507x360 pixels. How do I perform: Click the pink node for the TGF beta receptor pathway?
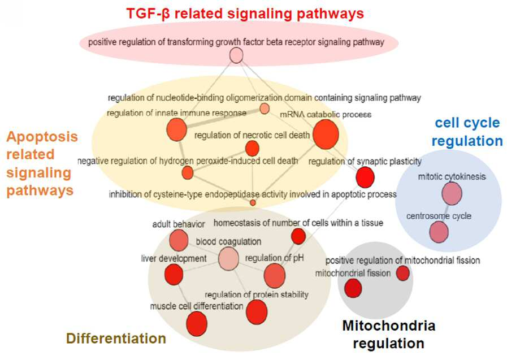pyautogui.click(x=236, y=55)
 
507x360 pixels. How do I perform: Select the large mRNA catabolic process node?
pyautogui.click(x=326, y=135)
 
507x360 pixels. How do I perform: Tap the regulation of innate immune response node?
pyautogui.click(x=176, y=129)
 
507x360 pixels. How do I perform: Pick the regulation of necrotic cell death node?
pyautogui.click(x=252, y=149)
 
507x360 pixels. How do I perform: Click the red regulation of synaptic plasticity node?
pyautogui.click(x=365, y=177)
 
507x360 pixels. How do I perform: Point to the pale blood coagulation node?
pyautogui.click(x=228, y=258)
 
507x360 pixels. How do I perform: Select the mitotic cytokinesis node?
pyautogui.click(x=452, y=194)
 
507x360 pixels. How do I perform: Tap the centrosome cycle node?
pyautogui.click(x=439, y=232)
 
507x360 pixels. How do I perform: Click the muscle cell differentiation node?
pyautogui.click(x=197, y=324)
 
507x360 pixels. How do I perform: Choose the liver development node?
pyautogui.click(x=174, y=274)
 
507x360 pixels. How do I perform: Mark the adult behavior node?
pyautogui.click(x=179, y=241)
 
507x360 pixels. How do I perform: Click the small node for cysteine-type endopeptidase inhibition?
pyautogui.click(x=253, y=203)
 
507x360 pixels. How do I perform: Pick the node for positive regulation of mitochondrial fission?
pyautogui.click(x=403, y=273)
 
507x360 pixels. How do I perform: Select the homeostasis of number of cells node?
pyautogui.click(x=298, y=236)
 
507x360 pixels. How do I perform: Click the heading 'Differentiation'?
pyautogui.click(x=116, y=339)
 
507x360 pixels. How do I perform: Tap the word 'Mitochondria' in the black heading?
pyautogui.click(x=389, y=326)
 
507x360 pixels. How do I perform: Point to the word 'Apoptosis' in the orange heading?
pyautogui.click(x=42, y=137)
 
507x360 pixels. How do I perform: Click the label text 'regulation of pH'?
pyautogui.click(x=274, y=258)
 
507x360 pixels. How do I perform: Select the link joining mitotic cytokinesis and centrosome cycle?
pyautogui.click(x=445, y=213)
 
